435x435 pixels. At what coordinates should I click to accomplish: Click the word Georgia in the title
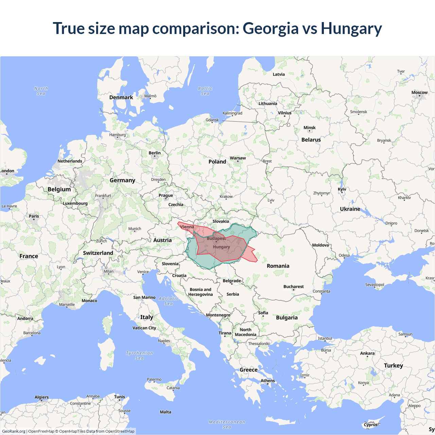[x=270, y=29]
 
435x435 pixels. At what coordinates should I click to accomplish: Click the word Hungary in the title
[x=351, y=29]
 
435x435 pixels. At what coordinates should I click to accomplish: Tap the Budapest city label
[x=216, y=239]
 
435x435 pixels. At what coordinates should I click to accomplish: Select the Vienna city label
[x=187, y=227]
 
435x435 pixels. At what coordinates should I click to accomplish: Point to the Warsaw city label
[x=238, y=158]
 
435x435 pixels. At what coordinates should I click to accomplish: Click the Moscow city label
[x=419, y=92]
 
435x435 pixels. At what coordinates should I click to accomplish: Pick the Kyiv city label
[x=342, y=189]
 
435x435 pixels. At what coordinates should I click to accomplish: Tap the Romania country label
[x=278, y=266]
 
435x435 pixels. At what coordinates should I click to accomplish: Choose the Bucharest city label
[x=294, y=286]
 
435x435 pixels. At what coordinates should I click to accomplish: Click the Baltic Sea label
[x=205, y=91]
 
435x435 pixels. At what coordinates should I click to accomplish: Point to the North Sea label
[x=41, y=91]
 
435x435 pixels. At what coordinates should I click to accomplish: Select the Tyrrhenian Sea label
[x=139, y=355]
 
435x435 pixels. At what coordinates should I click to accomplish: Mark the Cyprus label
[x=370, y=424]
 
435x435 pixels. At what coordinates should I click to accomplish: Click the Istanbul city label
[x=325, y=338]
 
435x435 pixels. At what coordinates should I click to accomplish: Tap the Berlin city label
[x=155, y=153]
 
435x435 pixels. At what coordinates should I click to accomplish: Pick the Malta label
[x=166, y=412]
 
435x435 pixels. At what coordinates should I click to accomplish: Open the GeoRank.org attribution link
[x=14, y=431]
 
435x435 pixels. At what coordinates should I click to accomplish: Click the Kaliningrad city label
[x=232, y=113]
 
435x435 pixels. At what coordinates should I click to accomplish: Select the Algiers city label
[x=41, y=397]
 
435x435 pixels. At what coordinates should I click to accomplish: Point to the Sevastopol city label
[x=375, y=285]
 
